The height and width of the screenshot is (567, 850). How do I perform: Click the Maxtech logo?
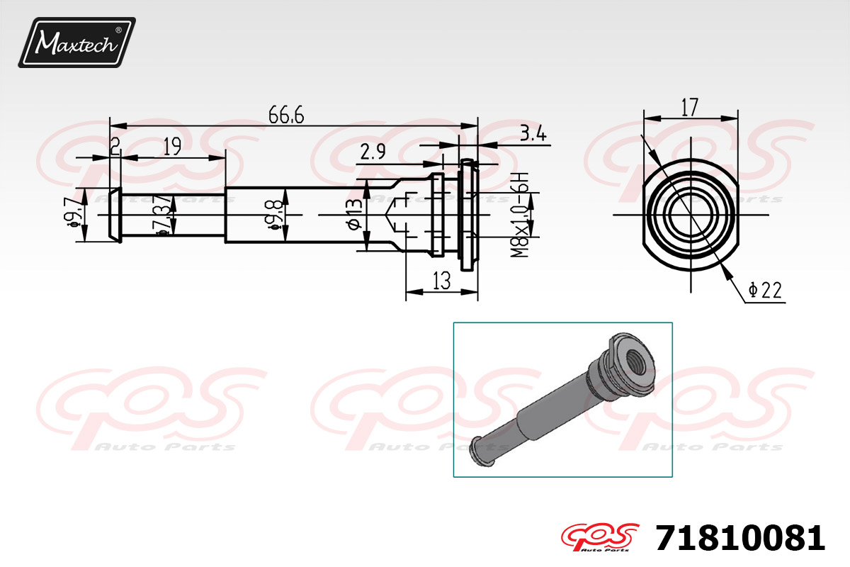click(77, 43)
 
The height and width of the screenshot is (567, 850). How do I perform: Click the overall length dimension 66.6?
click(286, 115)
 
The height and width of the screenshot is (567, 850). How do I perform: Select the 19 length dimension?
click(172, 147)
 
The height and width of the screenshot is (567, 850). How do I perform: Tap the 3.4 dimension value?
click(532, 134)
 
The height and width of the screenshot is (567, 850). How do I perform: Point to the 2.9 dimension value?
click(373, 152)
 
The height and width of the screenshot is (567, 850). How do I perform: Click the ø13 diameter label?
click(355, 215)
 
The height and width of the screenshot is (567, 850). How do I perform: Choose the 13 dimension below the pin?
click(441, 281)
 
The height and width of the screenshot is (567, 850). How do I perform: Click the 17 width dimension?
click(690, 107)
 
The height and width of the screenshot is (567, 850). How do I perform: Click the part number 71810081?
click(740, 539)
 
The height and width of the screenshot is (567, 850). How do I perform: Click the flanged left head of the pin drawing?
click(114, 215)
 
